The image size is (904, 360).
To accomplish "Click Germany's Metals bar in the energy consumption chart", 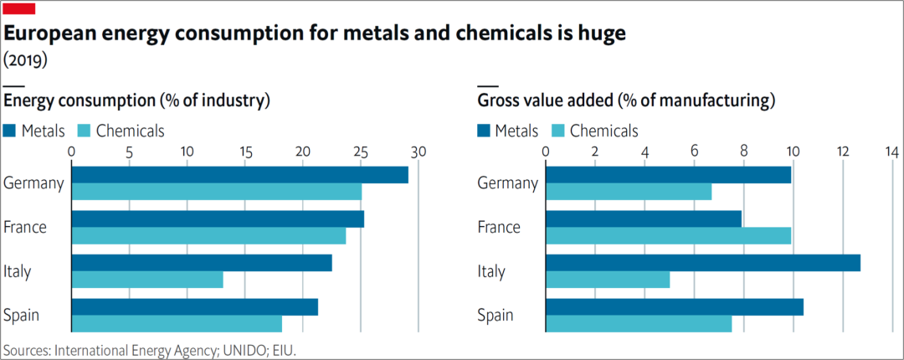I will (239, 175).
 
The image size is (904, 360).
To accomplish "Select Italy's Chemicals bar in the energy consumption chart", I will (147, 280).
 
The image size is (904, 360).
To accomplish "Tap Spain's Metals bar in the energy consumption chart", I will (194, 307).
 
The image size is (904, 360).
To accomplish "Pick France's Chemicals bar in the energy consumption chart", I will (208, 236).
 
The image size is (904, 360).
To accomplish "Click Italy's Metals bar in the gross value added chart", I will (702, 263).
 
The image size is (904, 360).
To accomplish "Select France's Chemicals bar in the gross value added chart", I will (668, 236).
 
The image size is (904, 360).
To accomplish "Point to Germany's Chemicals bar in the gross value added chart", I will (628, 193).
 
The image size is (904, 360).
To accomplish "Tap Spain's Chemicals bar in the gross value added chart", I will (638, 324).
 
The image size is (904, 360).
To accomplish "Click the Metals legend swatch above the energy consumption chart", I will (10, 131).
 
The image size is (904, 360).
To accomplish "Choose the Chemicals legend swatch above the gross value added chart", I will (559, 131).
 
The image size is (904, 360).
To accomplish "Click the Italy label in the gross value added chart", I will (491, 271).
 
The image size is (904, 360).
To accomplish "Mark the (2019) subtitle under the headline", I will (25, 60).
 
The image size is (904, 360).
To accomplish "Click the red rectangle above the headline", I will (19, 8).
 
